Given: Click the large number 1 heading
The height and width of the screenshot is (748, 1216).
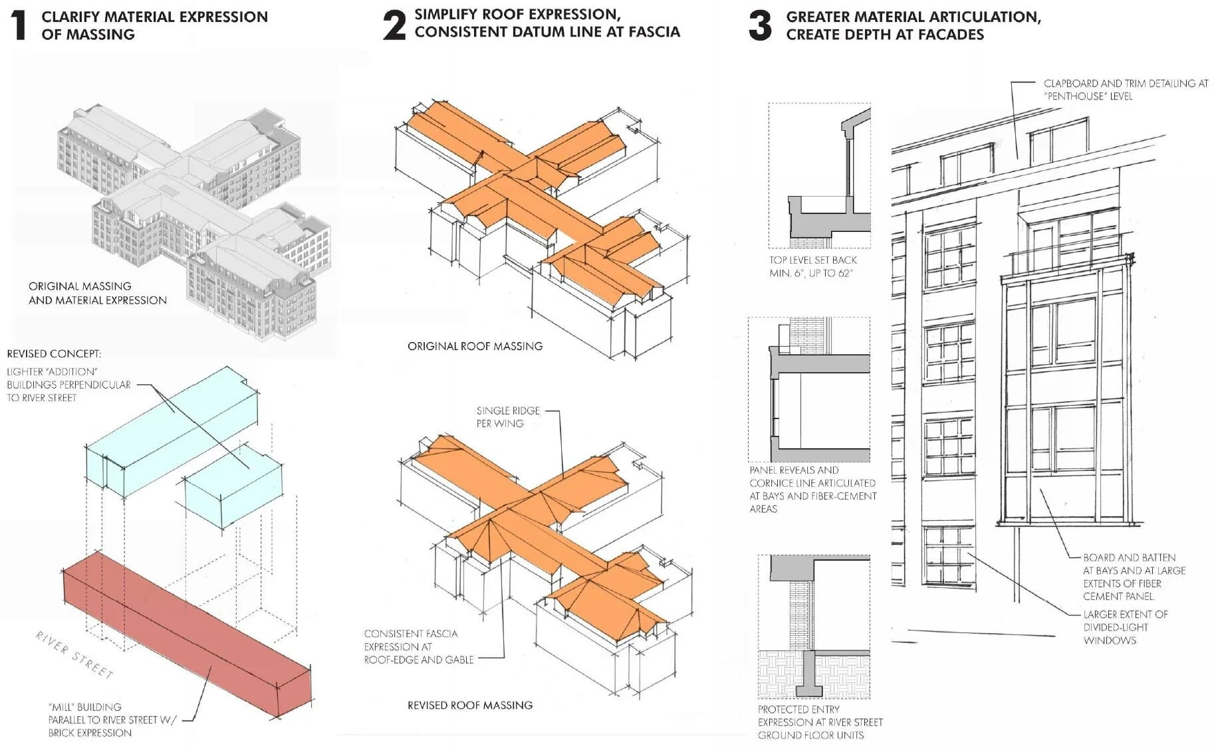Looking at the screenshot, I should [x=20, y=25].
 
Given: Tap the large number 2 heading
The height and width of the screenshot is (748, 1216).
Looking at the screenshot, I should [x=394, y=25].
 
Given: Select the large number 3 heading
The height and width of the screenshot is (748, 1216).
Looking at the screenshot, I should [x=760, y=25].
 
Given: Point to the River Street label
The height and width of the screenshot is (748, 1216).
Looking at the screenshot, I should [x=74, y=655].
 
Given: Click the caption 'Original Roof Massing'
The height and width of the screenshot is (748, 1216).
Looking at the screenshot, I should [x=475, y=346].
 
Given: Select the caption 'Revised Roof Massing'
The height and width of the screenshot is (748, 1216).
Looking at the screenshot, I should [x=470, y=705].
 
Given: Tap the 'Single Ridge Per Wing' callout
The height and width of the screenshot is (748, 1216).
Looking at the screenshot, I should [x=508, y=417].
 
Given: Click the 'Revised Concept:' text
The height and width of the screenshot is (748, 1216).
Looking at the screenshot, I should [x=54, y=353].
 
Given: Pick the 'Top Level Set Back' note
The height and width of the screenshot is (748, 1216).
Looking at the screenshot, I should [x=812, y=266].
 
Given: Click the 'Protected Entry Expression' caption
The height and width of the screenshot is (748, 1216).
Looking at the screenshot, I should [x=820, y=722].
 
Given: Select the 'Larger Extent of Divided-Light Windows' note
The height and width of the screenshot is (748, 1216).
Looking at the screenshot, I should [x=1125, y=627].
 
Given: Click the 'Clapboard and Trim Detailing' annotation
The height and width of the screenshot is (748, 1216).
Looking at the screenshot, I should [x=1125, y=90].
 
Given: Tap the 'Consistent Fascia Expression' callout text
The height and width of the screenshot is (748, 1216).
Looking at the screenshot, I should [x=418, y=646].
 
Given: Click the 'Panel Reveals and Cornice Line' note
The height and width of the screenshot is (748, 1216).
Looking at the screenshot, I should [x=812, y=489].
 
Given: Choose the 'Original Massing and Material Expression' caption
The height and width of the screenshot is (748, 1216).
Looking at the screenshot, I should [x=97, y=293].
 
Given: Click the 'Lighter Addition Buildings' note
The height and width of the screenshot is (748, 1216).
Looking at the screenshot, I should [x=68, y=385].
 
